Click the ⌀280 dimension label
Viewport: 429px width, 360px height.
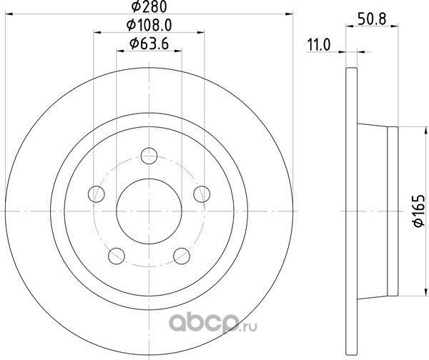click(149, 6)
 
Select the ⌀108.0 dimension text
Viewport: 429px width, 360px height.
click(149, 26)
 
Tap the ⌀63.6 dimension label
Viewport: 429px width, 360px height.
click(149, 44)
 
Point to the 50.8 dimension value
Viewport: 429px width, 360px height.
click(372, 19)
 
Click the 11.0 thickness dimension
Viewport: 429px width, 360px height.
click(319, 45)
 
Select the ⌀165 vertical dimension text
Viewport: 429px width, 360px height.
click(419, 211)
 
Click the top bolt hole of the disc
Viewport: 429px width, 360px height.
click(149, 156)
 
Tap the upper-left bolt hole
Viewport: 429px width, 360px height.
click(97, 194)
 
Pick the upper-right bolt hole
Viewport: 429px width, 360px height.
click(202, 194)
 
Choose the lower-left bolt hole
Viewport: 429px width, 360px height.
click(117, 256)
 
